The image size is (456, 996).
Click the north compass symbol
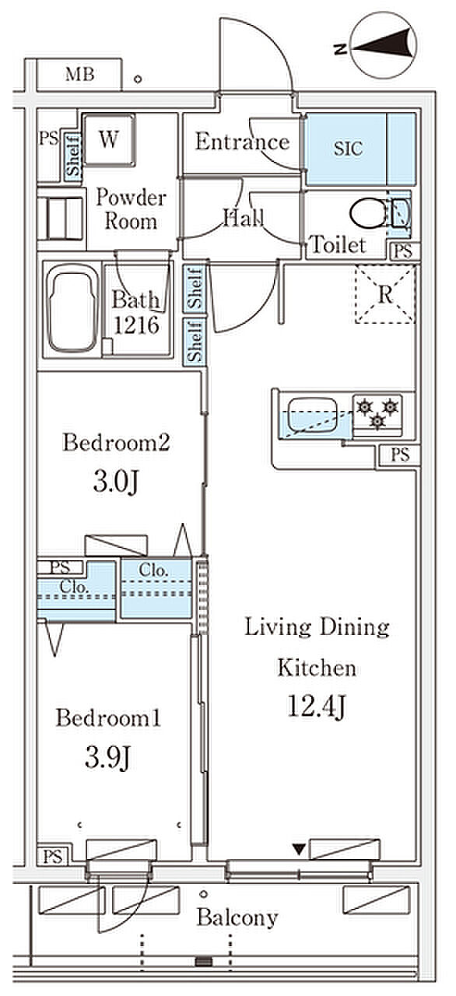pos(383,46)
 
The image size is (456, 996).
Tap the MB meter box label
pos(80,74)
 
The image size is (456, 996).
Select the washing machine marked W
pos(108,140)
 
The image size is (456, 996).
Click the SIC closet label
pos(348,149)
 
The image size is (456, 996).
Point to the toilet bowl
pos(368,214)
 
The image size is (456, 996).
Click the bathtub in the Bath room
pos(73,309)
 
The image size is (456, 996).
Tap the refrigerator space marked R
pos(385,294)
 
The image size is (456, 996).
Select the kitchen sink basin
pos(313,416)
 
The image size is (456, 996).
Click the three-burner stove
pos(377,415)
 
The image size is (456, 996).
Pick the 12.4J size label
pos(316,707)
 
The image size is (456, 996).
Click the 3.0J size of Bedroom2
pos(117,482)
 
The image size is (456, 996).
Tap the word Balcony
pos(238,917)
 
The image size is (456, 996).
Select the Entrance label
pos(243,142)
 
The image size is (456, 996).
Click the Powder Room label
pos(131,209)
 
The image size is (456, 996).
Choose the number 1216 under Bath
pos(136,325)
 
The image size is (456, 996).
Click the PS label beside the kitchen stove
pos(400,454)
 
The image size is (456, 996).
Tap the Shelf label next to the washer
pos(74,156)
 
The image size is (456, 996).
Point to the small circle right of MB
pos(139,79)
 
